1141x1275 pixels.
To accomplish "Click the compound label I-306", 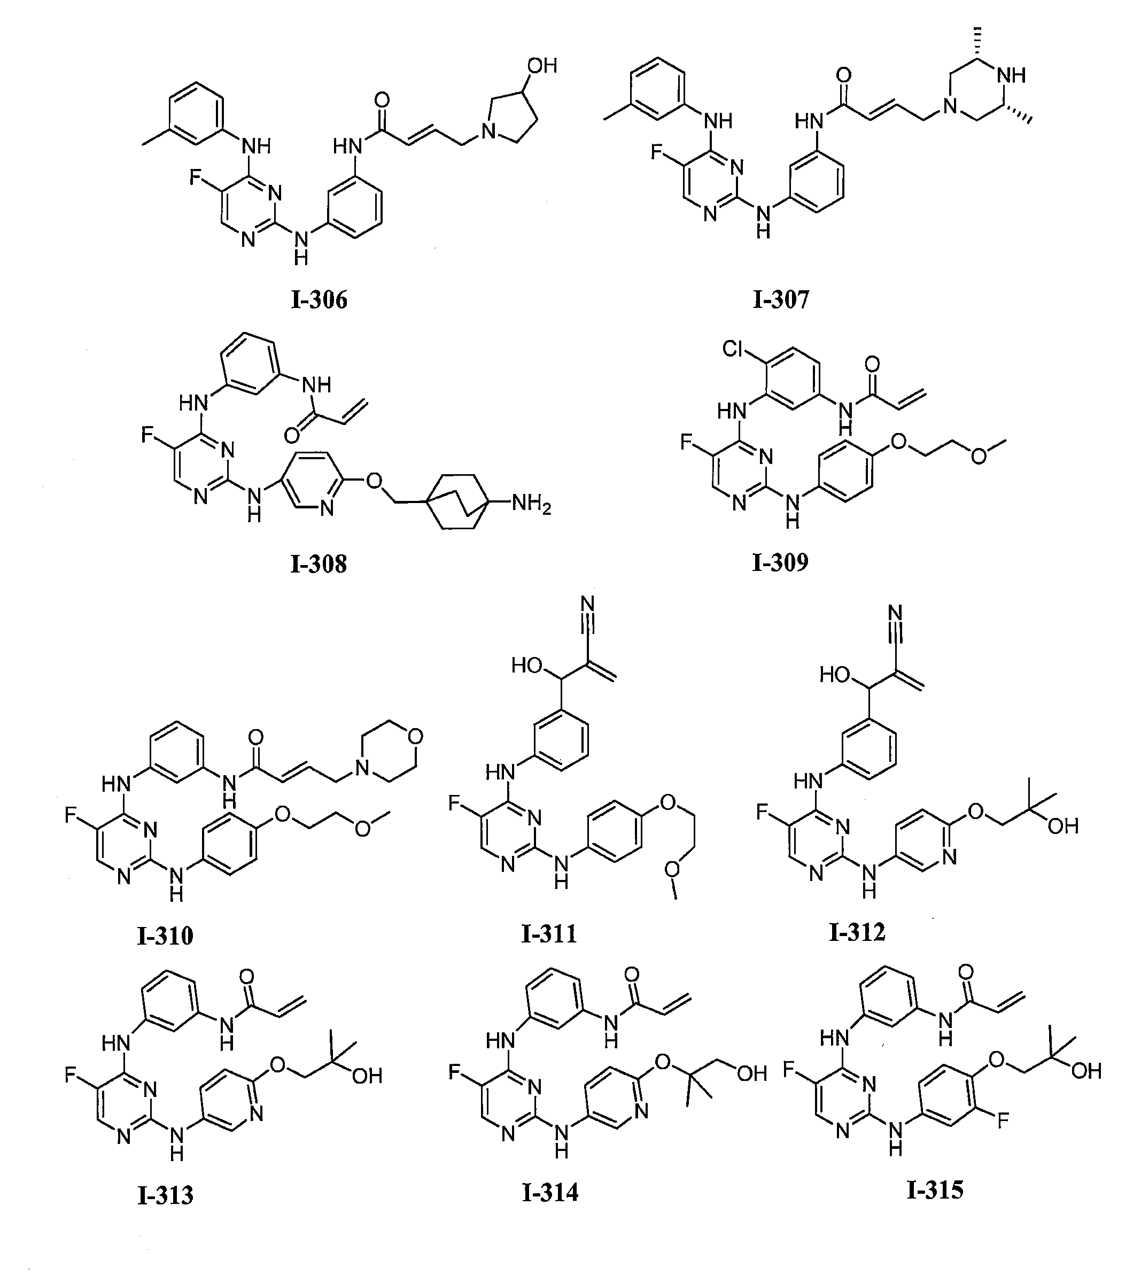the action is (319, 300).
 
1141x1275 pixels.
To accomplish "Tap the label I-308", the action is (319, 564).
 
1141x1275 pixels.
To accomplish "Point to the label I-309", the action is (780, 562).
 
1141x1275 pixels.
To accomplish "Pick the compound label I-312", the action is (857, 932).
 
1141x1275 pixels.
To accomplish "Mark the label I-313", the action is (166, 1195).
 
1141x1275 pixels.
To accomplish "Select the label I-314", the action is (550, 1192).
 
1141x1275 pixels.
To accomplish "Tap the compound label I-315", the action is (935, 1189).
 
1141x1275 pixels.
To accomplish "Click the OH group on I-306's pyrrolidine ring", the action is (542, 65).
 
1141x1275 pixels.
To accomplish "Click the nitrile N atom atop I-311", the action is (587, 604).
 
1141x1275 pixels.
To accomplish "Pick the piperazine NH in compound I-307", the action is (1011, 75).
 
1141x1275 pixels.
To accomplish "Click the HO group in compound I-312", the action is (834, 675).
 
